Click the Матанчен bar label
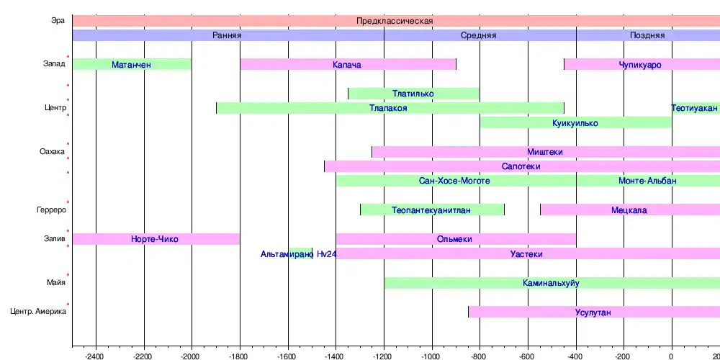tap(132, 65)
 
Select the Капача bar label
tap(347, 65)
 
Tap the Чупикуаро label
tap(640, 65)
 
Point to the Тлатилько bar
tap(413, 94)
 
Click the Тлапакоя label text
tap(388, 108)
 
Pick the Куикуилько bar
tap(575, 123)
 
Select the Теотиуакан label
tap(695, 108)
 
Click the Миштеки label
tap(545, 152)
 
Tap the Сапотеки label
tap(521, 166)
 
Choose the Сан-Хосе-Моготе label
tap(454, 181)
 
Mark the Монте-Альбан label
tap(647, 181)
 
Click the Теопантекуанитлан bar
tap(431, 210)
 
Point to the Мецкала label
tap(629, 210)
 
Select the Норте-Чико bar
tap(155, 239)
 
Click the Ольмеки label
tap(454, 239)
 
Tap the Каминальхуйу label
tap(551, 283)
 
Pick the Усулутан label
tap(593, 312)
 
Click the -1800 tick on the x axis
tap(240, 356)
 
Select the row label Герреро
tap(51, 210)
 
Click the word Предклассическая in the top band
tap(395, 21)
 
